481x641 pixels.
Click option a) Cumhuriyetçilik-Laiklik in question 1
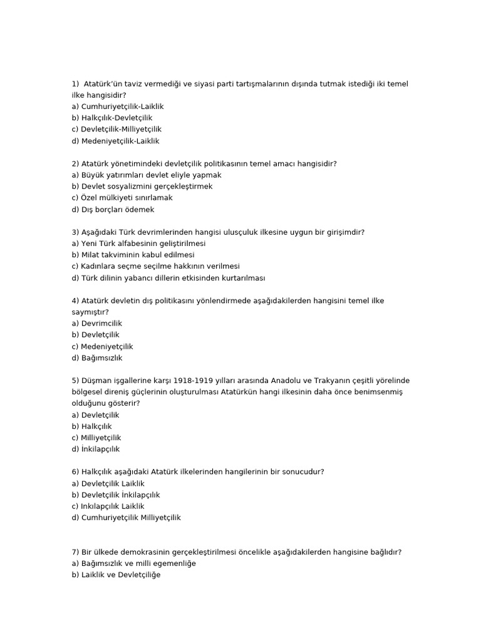(118, 106)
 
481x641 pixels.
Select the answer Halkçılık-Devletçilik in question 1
(112, 118)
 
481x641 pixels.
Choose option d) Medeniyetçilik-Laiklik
(116, 141)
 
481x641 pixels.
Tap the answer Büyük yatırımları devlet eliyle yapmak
(147, 175)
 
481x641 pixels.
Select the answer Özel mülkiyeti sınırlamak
(122, 198)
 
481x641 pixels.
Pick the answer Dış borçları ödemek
(113, 209)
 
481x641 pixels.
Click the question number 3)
(76, 232)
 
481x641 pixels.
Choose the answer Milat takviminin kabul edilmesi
(133, 255)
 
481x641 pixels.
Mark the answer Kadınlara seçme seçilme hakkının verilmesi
(156, 266)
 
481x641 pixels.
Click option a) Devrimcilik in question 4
(97, 324)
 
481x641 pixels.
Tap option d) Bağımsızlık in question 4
(97, 358)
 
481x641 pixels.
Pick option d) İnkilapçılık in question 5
(96, 449)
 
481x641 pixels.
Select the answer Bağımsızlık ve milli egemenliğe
(134, 563)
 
